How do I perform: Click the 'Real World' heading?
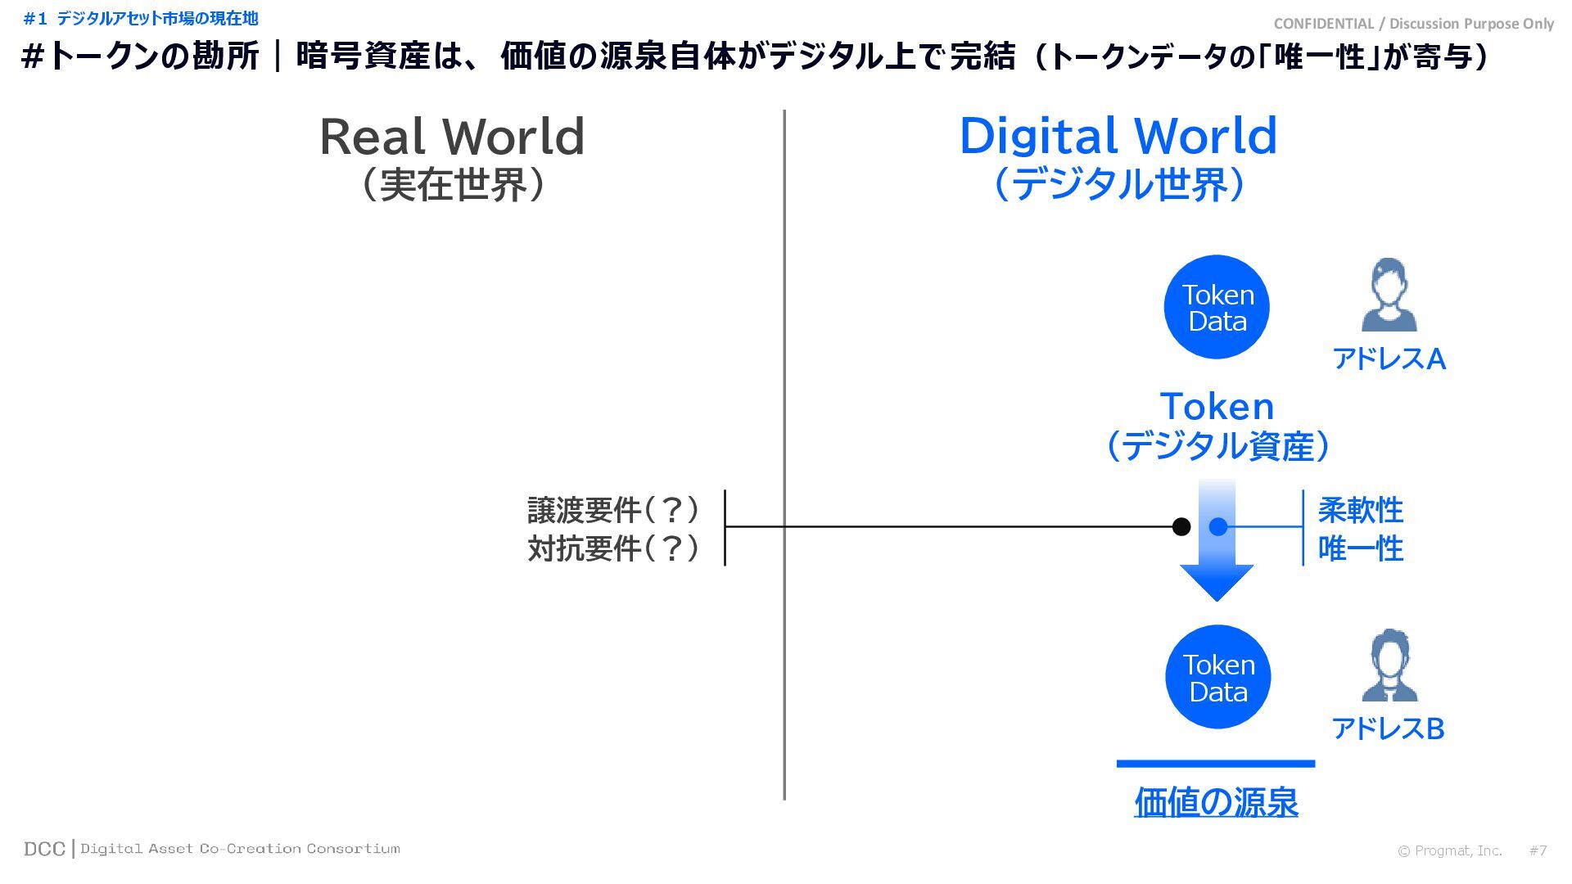(452, 137)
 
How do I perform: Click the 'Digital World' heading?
(1118, 137)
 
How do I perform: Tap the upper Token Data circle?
(1217, 307)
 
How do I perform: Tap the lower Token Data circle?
(1217, 677)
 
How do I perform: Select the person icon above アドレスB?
(1389, 665)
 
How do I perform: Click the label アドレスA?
(1389, 359)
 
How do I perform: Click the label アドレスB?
(1388, 728)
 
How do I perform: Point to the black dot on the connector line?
(1181, 526)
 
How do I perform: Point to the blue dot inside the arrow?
(1218, 526)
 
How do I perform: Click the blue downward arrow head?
(1217, 581)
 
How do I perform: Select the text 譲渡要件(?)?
(613, 510)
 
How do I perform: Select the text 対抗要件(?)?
(613, 548)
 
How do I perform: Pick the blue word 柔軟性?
(1360, 510)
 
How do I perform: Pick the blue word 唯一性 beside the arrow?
(1360, 548)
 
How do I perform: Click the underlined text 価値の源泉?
(1216, 802)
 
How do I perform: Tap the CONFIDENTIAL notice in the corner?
(1413, 24)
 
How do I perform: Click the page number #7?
(1538, 850)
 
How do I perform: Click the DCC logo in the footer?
(44, 849)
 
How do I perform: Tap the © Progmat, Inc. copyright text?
(1449, 850)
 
